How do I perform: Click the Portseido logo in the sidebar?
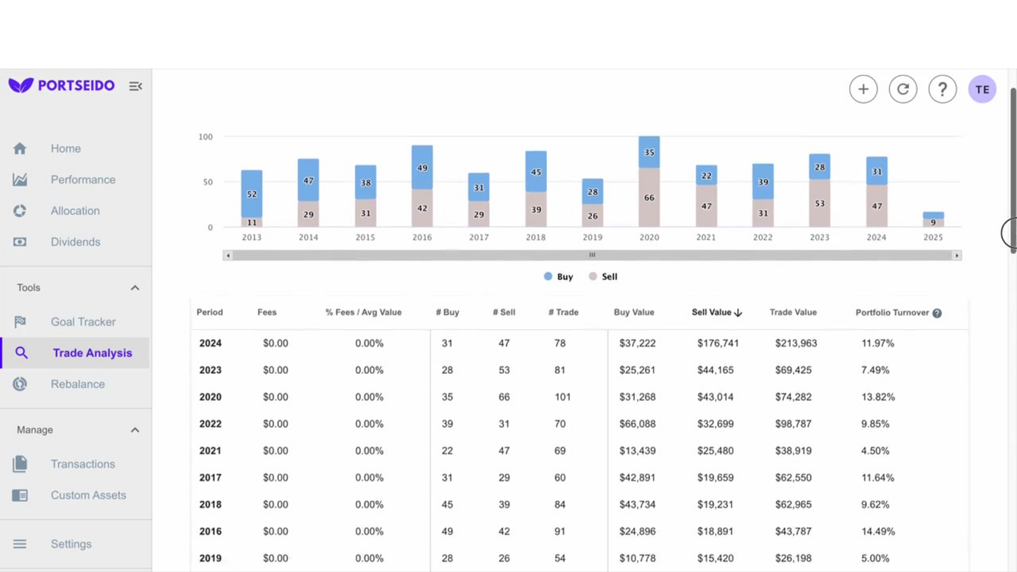point(62,85)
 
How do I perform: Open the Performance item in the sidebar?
point(82,180)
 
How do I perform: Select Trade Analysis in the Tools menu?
point(92,353)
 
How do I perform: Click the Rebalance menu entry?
point(77,384)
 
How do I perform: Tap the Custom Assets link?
point(88,496)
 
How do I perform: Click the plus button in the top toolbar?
point(863,89)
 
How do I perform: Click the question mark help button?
point(942,89)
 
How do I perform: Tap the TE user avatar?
point(981,89)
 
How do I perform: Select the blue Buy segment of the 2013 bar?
point(252,194)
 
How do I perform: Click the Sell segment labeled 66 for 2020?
point(649,197)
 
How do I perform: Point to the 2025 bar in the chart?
point(933,219)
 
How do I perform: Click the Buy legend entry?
point(558,277)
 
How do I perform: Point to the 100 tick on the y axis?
point(206,137)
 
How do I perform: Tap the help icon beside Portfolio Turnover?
point(937,313)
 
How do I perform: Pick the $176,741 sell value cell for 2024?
point(717,344)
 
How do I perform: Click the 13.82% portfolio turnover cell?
point(878,397)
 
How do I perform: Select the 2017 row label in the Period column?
point(210,478)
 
